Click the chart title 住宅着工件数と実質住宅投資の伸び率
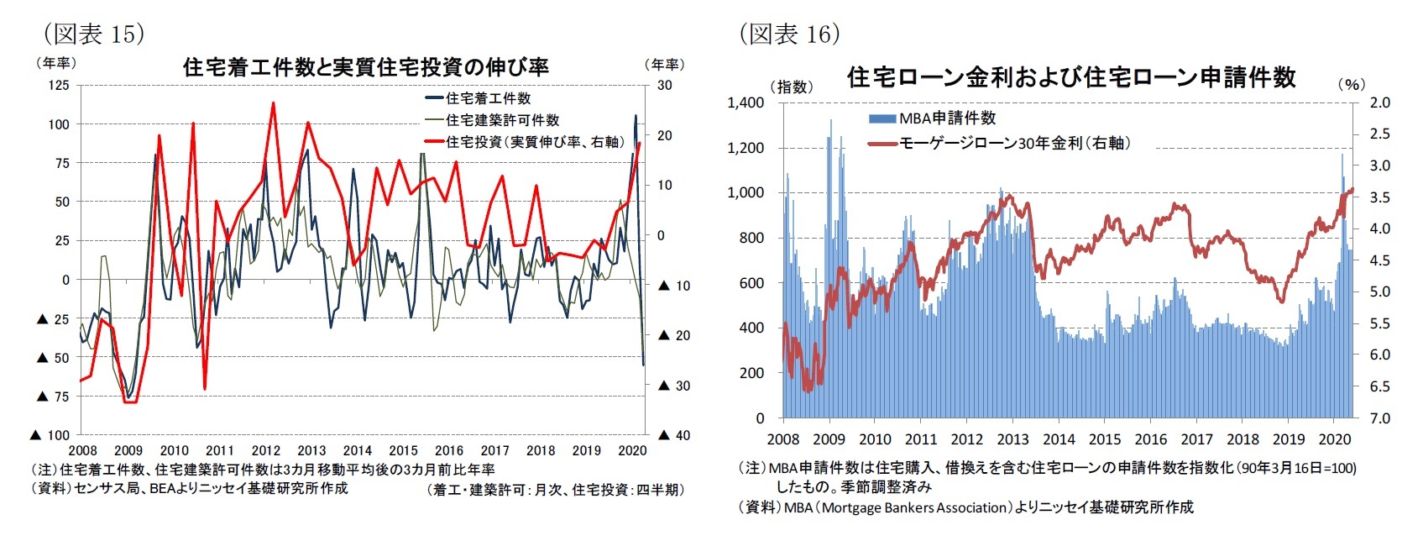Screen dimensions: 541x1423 (x=365, y=66)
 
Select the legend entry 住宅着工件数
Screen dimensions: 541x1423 (x=488, y=98)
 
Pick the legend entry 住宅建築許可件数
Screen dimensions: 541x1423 (x=502, y=120)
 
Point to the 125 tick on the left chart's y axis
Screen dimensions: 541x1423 (x=59, y=85)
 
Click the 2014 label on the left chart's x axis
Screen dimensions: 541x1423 (x=357, y=450)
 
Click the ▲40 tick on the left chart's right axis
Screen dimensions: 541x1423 (x=673, y=435)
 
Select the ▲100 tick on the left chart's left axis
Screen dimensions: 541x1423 (x=50, y=435)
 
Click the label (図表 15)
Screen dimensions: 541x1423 (x=93, y=34)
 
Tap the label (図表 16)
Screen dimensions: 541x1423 (x=789, y=34)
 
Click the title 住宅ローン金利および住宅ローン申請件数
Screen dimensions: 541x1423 (x=1071, y=77)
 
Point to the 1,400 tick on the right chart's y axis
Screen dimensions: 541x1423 (x=745, y=102)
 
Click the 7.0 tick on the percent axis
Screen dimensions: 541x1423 (x=1379, y=418)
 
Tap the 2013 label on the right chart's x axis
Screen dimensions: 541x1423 (x=1012, y=439)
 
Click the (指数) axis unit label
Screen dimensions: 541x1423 (x=791, y=87)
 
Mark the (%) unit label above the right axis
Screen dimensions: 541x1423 (x=1351, y=84)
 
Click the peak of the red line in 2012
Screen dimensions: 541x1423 (x=273, y=103)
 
